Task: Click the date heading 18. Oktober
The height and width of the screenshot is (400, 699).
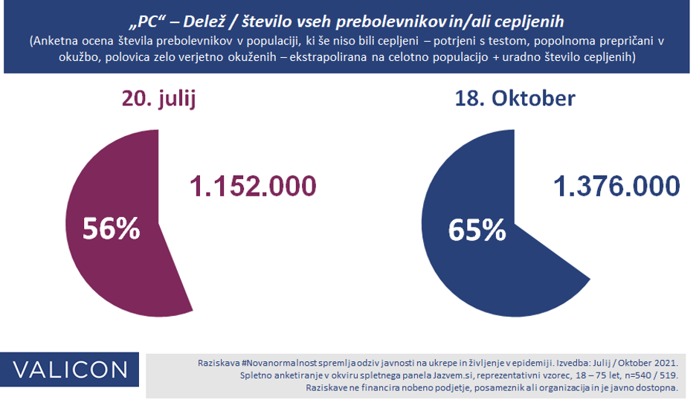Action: tap(515, 98)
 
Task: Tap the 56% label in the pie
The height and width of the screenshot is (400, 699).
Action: tap(112, 229)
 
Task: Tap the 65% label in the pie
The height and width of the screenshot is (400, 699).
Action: tap(477, 230)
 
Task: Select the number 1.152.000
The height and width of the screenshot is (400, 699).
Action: tap(252, 186)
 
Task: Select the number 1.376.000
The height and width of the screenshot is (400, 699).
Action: tap(615, 186)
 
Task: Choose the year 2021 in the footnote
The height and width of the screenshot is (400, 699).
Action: tap(665, 362)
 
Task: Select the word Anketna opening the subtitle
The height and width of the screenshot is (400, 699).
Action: tap(54, 42)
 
